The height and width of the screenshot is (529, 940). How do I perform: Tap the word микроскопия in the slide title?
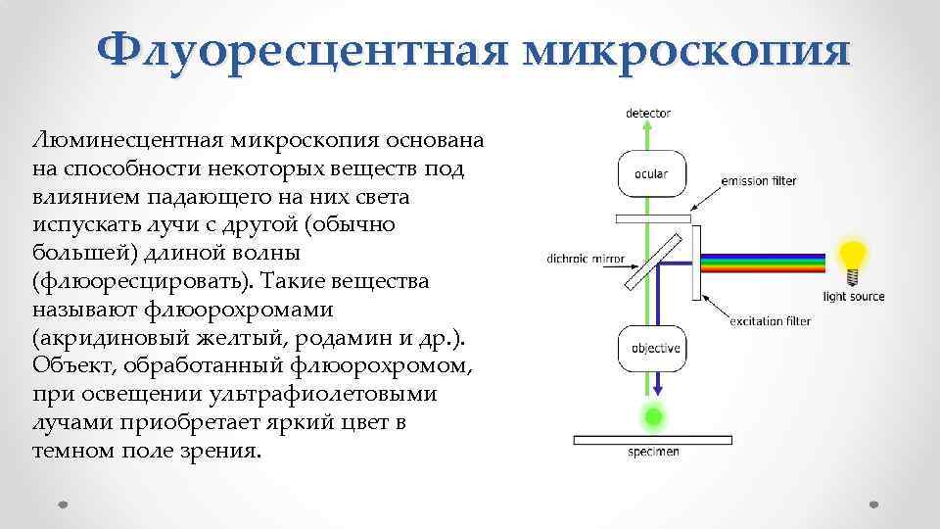685,50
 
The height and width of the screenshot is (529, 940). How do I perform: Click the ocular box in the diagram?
650,174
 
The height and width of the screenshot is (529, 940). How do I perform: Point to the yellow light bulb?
855,260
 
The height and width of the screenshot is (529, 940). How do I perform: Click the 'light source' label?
853,296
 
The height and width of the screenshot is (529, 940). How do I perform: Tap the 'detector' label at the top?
648,113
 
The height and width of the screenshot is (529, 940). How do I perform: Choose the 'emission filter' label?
758,181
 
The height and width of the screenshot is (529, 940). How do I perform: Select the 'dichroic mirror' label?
586,260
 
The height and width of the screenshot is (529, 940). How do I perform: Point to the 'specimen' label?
652,452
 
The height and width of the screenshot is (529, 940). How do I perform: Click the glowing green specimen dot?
651,418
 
